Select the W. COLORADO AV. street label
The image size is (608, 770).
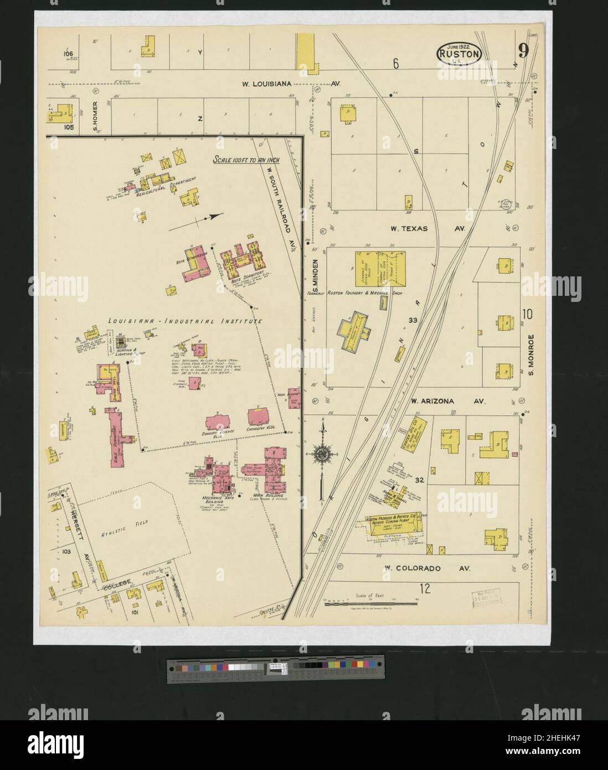(426, 568)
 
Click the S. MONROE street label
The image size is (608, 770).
(529, 353)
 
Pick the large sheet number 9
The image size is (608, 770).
(523, 52)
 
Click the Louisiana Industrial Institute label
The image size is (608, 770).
(185, 321)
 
